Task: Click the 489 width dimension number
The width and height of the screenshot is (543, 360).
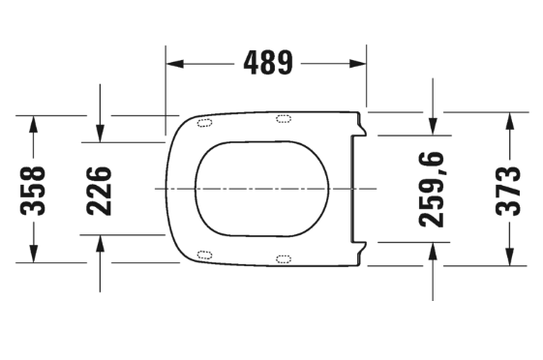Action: pos(268,63)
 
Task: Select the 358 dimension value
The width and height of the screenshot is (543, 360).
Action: pos(33,191)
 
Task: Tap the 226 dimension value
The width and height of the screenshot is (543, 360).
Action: pos(99,191)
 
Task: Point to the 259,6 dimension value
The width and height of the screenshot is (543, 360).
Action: pos(431,190)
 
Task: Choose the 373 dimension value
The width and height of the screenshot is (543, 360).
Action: pos(508,191)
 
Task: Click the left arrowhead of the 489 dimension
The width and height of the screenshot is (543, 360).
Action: pos(175,64)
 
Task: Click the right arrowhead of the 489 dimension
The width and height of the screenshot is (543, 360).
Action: pos(357,64)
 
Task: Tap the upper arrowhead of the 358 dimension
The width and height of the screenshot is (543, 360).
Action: pos(33,124)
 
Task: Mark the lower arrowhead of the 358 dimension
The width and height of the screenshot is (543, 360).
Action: pos(33,254)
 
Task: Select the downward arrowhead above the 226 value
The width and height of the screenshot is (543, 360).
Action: pos(100,134)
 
